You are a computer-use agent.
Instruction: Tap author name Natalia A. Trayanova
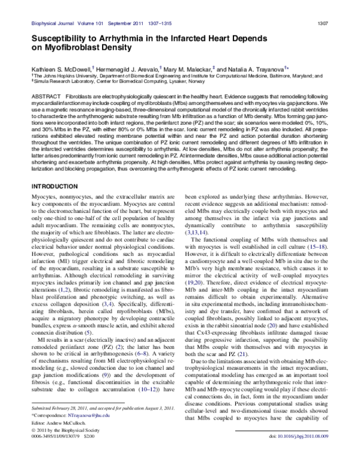click(257, 70)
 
